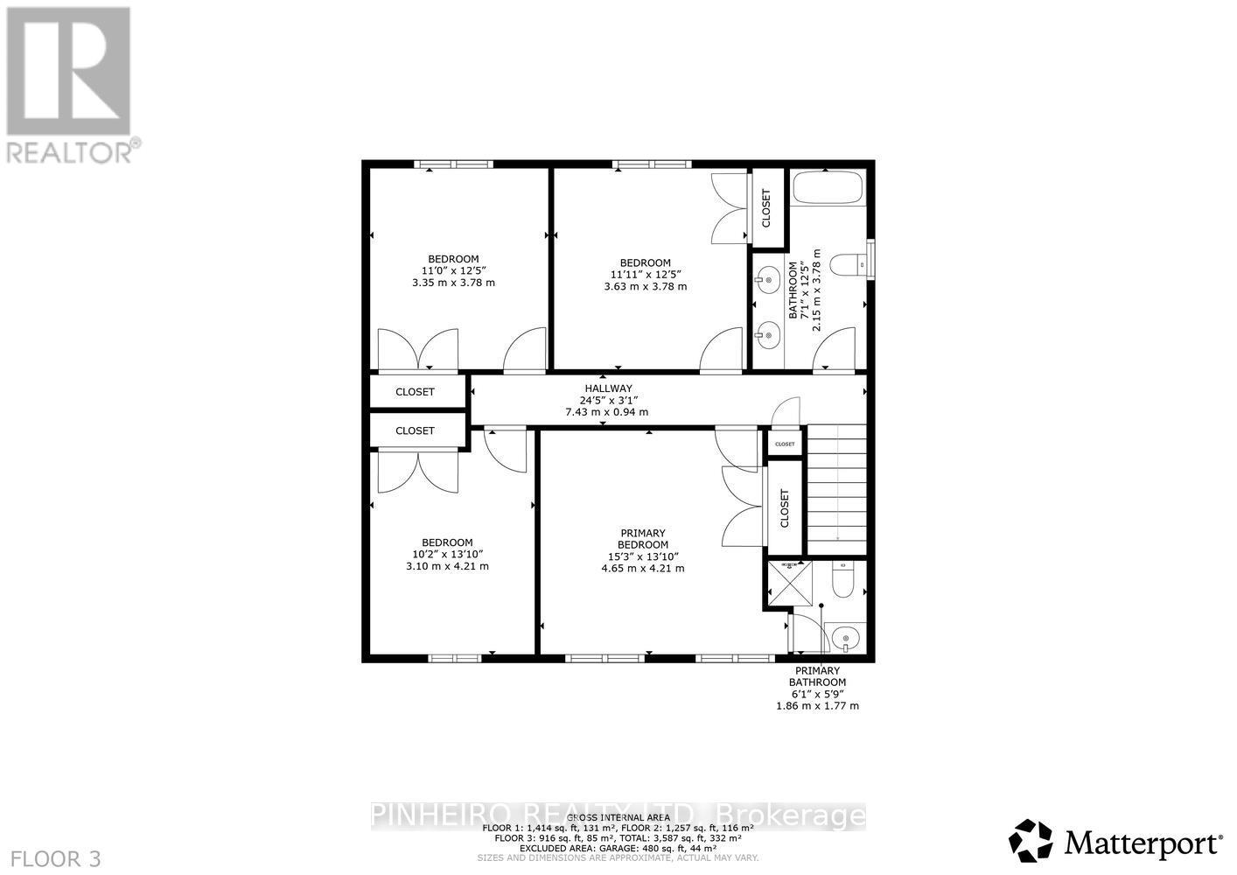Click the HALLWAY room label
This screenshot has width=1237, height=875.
(x=608, y=388)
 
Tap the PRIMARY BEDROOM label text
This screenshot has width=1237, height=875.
(x=643, y=539)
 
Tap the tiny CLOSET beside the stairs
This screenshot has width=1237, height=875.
(x=785, y=444)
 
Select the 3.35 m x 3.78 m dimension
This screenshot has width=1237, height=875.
(x=453, y=283)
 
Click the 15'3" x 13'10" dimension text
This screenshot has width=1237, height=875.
(x=643, y=556)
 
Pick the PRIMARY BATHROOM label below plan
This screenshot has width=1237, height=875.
(x=817, y=676)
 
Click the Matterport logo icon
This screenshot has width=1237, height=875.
(x=1031, y=841)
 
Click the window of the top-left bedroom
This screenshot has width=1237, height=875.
(x=453, y=164)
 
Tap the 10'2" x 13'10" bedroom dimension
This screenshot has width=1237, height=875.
(x=447, y=554)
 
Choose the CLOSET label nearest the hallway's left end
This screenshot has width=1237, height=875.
(x=415, y=392)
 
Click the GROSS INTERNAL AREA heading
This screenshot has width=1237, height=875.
(x=618, y=818)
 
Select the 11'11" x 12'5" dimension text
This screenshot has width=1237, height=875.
(x=645, y=275)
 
